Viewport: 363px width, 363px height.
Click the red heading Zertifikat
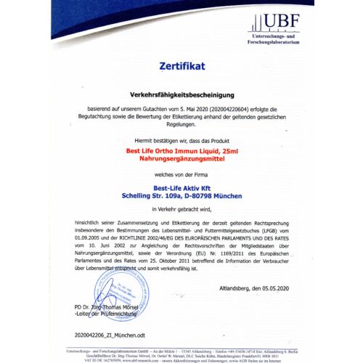[181, 66]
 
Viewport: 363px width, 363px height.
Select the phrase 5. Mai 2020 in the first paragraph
[206, 109]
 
